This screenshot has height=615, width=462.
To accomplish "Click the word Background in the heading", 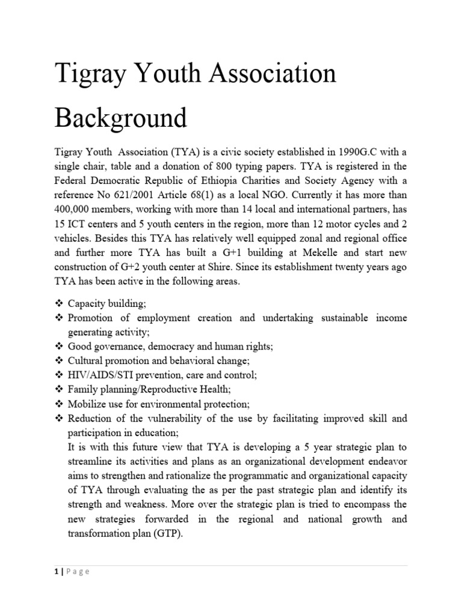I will [121, 117].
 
